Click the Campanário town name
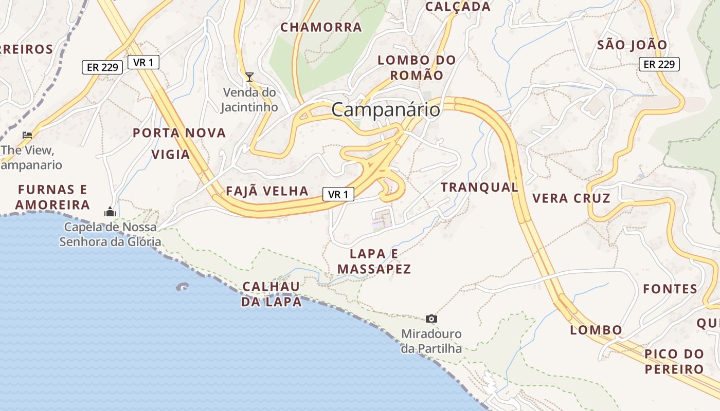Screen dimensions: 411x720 coord(386,110)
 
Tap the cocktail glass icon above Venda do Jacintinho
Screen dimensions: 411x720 coord(249,77)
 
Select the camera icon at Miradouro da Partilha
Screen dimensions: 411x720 coord(431,319)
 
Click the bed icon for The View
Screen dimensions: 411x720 coord(27,135)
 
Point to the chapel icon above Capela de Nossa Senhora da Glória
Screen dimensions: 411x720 coord(110,212)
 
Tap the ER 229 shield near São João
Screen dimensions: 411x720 coord(659,64)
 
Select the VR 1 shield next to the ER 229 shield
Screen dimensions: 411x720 coord(143,62)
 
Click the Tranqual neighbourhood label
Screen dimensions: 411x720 coord(479,188)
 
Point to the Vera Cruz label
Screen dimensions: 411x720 coord(571,198)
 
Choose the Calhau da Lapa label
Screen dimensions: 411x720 coord(272,294)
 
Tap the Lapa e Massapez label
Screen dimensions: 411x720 coord(374,261)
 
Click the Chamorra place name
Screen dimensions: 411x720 coord(321,27)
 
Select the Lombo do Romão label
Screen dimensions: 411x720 coord(417,67)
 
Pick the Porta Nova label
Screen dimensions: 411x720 coord(179,133)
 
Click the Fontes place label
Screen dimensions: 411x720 coord(670,289)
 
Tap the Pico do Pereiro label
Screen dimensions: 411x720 coord(674,361)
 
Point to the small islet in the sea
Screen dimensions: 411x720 coord(182,287)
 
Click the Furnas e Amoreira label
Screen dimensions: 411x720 coord(52,197)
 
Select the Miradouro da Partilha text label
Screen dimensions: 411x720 coord(431,341)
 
